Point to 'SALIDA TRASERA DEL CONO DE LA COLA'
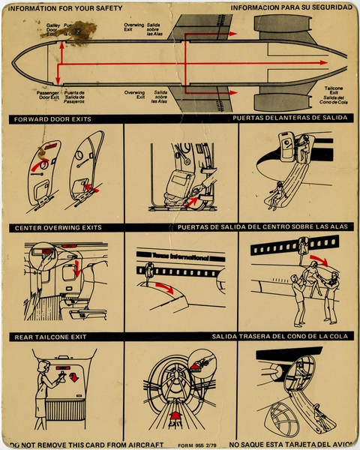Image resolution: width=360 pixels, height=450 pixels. pos(280,337)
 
